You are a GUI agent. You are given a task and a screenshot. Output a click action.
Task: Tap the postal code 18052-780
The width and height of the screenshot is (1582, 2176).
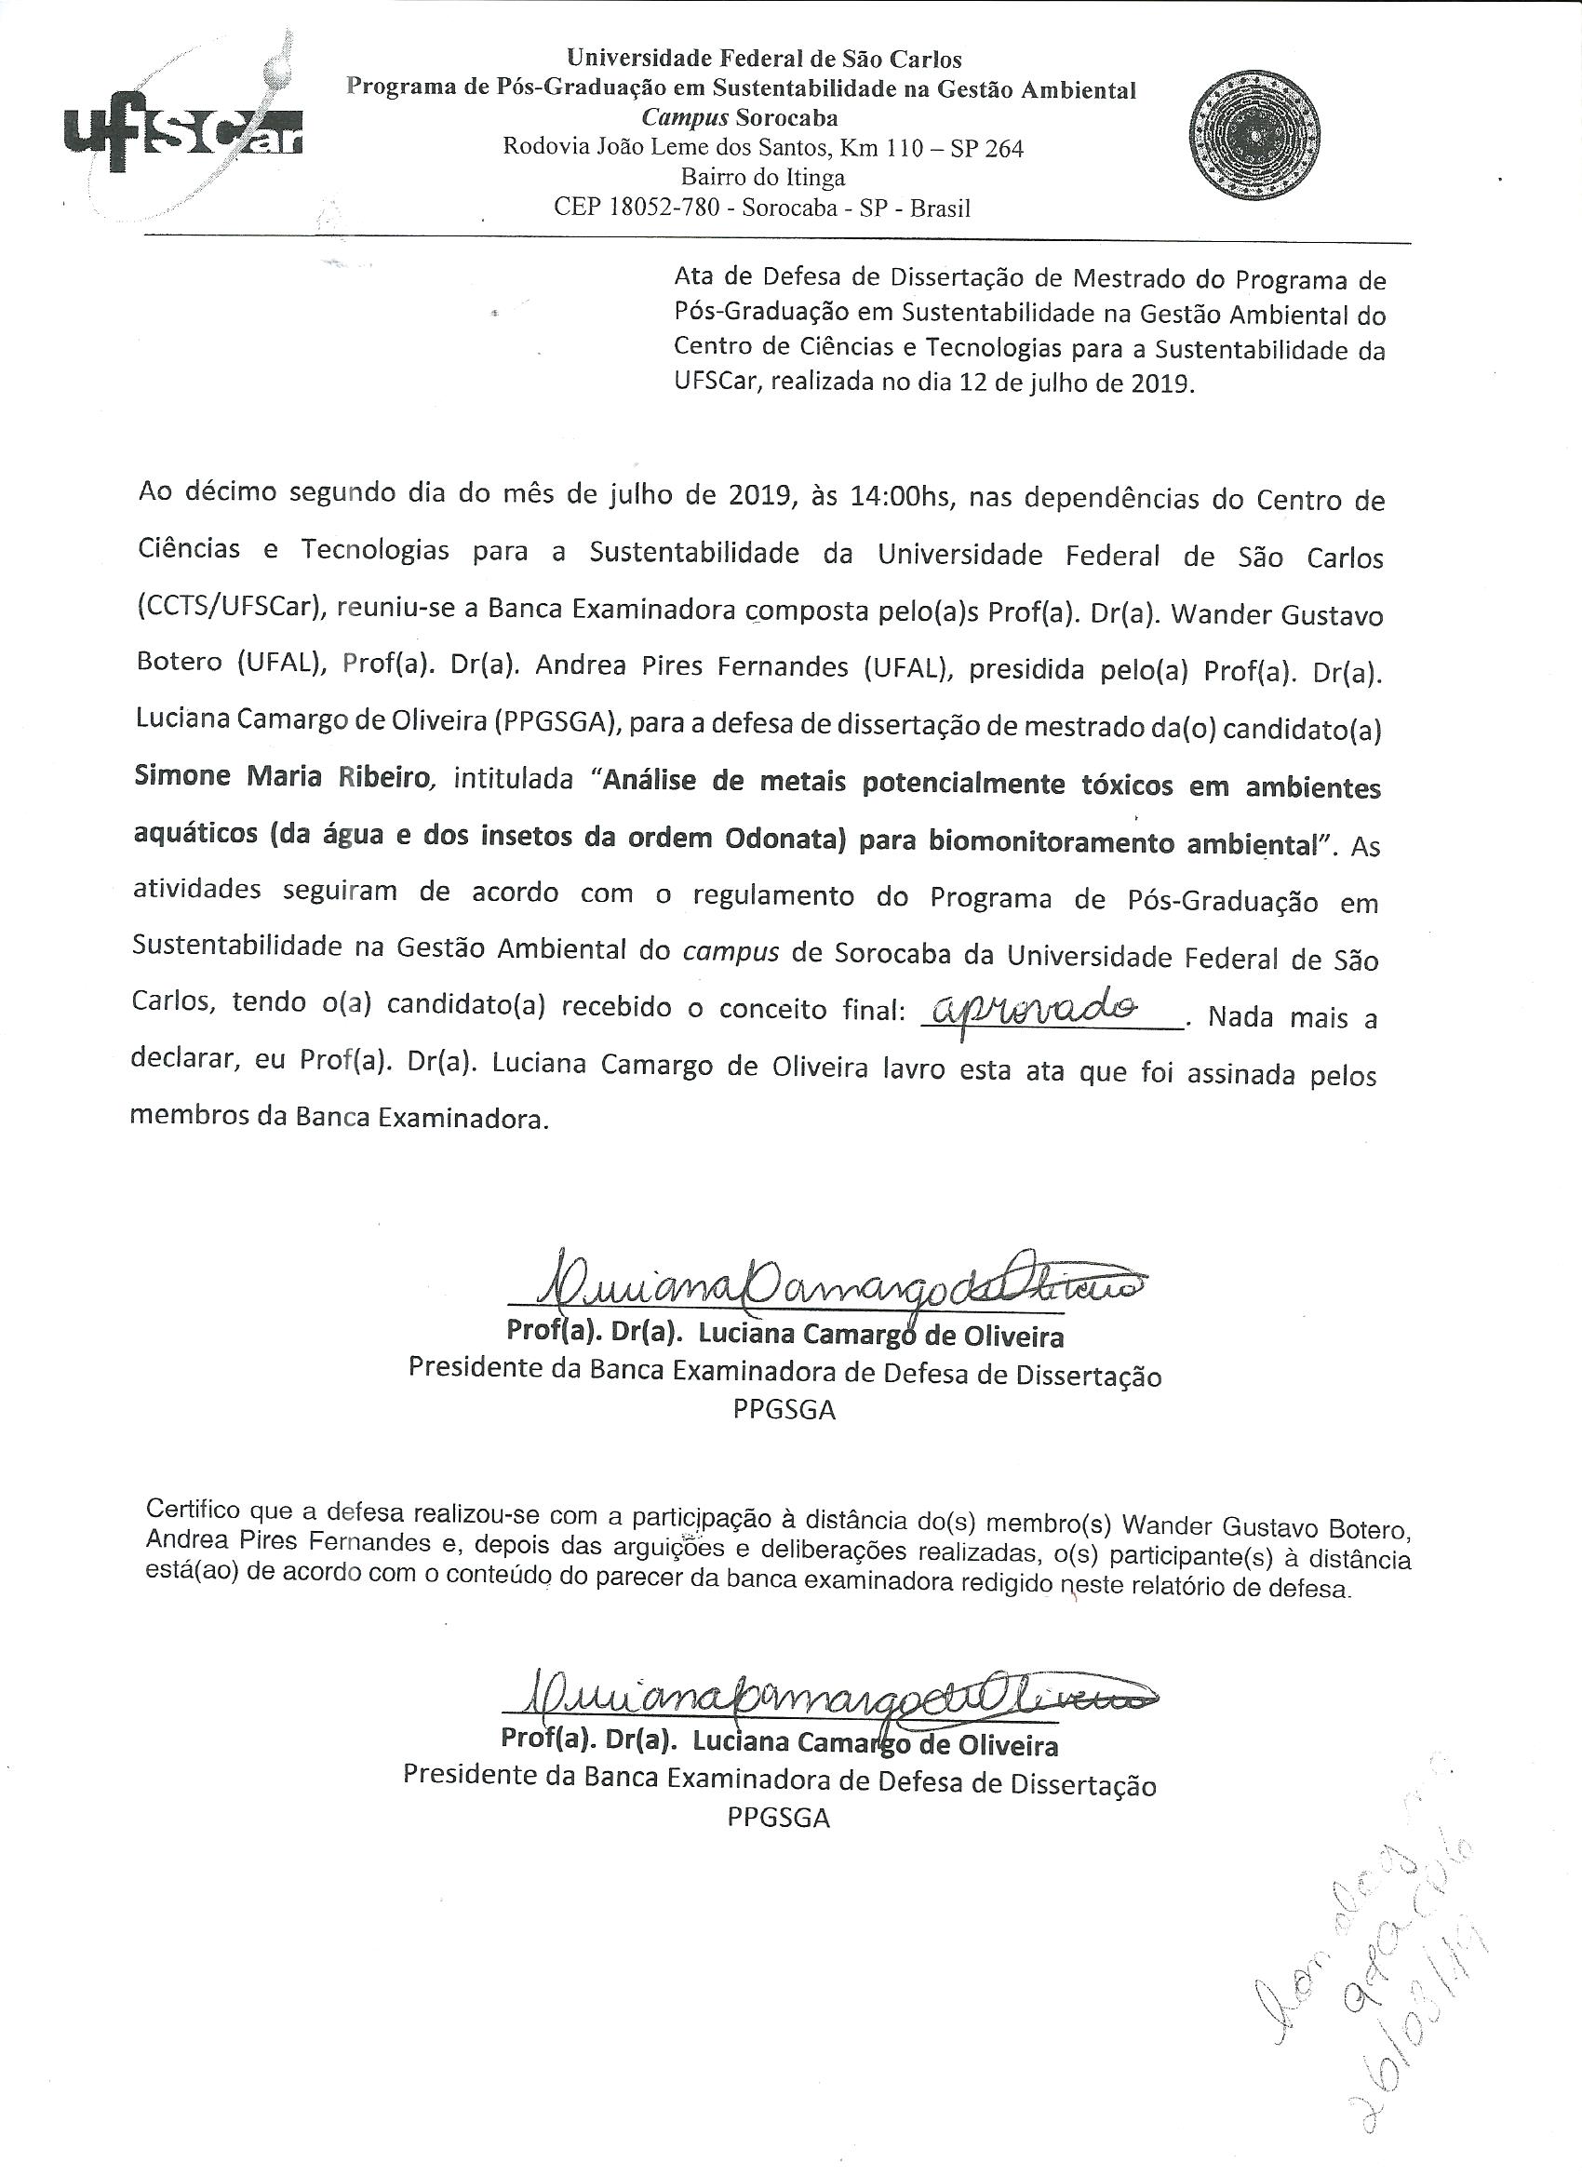click(x=664, y=208)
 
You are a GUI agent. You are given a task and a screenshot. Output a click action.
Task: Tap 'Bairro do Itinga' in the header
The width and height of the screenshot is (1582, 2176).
click(x=763, y=178)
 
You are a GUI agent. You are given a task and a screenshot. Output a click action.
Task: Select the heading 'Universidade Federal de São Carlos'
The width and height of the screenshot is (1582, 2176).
click(x=749, y=60)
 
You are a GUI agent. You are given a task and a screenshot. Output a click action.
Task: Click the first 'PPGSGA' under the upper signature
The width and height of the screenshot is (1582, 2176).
click(x=784, y=1409)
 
